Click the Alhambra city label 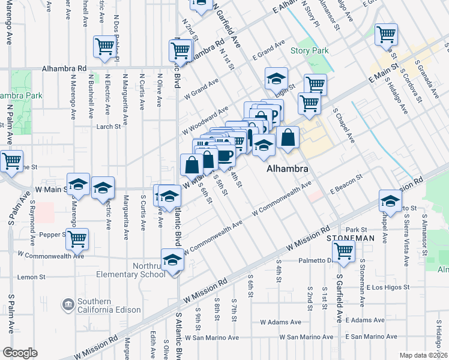click(288, 169)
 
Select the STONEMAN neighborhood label click(350, 238)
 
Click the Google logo click(20, 353)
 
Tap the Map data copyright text click(424, 355)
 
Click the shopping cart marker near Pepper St click(77, 239)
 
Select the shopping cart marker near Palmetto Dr click(343, 251)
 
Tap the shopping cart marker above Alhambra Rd click(104, 47)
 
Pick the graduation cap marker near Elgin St click(276, 79)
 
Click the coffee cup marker click(225, 156)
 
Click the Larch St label click(108, 127)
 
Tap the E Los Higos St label click(387, 287)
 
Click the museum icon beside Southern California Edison click(69, 305)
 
